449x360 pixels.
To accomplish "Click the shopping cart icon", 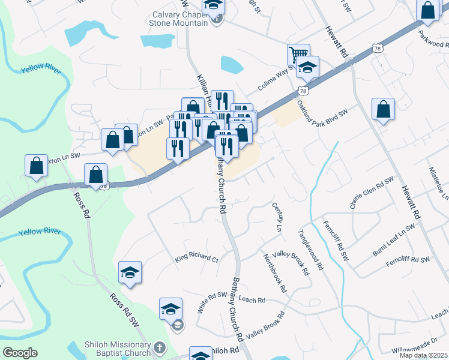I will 298,55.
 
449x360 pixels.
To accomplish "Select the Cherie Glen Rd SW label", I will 372,193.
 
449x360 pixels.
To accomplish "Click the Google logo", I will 20,353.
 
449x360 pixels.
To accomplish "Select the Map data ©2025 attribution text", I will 424,355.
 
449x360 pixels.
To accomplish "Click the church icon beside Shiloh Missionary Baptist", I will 159,347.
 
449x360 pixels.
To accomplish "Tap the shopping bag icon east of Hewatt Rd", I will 383,110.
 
